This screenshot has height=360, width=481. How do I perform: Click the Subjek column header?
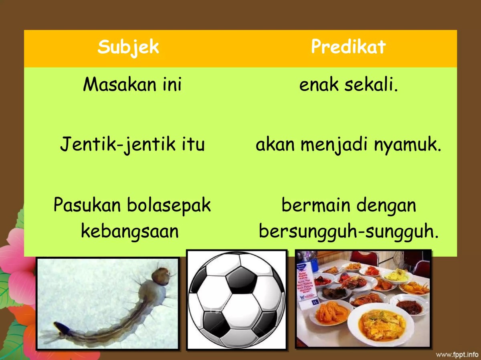[128, 47]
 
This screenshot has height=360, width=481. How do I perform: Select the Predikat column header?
[348, 47]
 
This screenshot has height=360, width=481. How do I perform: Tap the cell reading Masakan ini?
[132, 85]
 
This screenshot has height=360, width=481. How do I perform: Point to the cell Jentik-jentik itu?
[132, 145]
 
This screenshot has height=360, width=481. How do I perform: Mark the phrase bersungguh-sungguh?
[348, 231]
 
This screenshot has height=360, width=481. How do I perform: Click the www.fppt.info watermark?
[457, 354]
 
